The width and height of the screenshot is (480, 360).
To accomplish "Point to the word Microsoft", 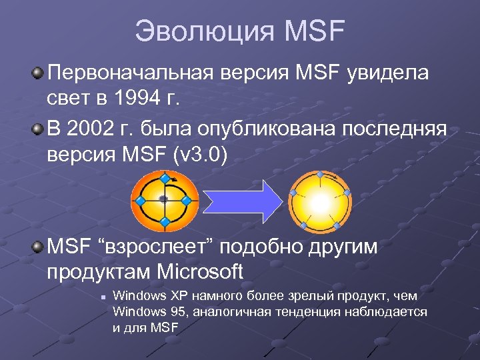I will click(200, 272).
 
